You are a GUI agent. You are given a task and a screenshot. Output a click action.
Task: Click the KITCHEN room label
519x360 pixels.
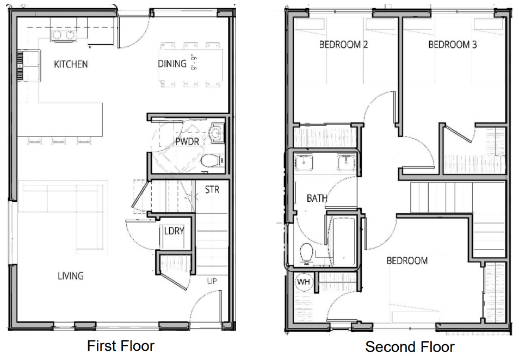71,64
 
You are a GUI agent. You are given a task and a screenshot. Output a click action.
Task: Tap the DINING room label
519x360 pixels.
172,64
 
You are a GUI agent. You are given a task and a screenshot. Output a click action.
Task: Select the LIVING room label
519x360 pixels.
71,276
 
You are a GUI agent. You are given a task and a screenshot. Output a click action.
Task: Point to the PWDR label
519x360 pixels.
187,141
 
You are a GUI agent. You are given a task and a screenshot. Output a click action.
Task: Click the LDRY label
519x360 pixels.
174,231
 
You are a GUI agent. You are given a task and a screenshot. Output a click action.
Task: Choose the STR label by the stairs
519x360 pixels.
212,190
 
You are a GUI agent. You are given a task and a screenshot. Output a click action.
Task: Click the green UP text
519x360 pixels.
212,281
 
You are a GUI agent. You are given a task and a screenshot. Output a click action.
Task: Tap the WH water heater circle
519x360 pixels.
304,282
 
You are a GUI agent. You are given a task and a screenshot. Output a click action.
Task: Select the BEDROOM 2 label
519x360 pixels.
343,45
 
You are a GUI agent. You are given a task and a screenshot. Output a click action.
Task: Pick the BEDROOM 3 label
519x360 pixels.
453,45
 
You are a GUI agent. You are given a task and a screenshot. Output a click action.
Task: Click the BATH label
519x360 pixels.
317,198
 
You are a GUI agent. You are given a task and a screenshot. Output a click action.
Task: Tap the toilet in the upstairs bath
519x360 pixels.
306,253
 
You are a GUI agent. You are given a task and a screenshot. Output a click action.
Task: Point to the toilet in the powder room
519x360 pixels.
212,161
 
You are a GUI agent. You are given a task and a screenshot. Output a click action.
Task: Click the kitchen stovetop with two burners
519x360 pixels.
63,35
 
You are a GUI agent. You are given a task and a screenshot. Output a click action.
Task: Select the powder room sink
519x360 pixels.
217,133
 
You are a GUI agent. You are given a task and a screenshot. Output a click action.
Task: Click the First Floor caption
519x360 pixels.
120,346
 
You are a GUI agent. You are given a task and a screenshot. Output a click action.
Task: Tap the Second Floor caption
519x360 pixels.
410,347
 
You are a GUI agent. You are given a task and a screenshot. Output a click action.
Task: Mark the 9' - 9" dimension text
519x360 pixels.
194,63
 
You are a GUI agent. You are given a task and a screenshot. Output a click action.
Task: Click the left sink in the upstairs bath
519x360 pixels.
304,163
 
